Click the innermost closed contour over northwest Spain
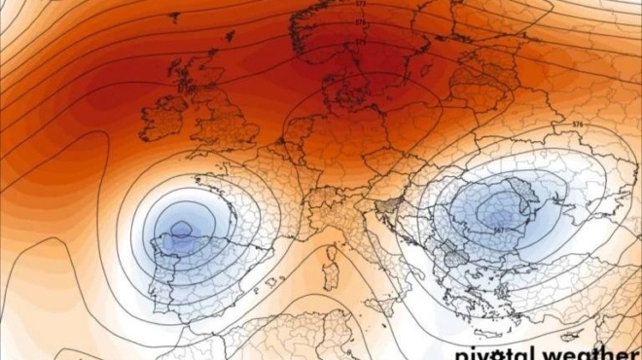coord(181,231)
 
